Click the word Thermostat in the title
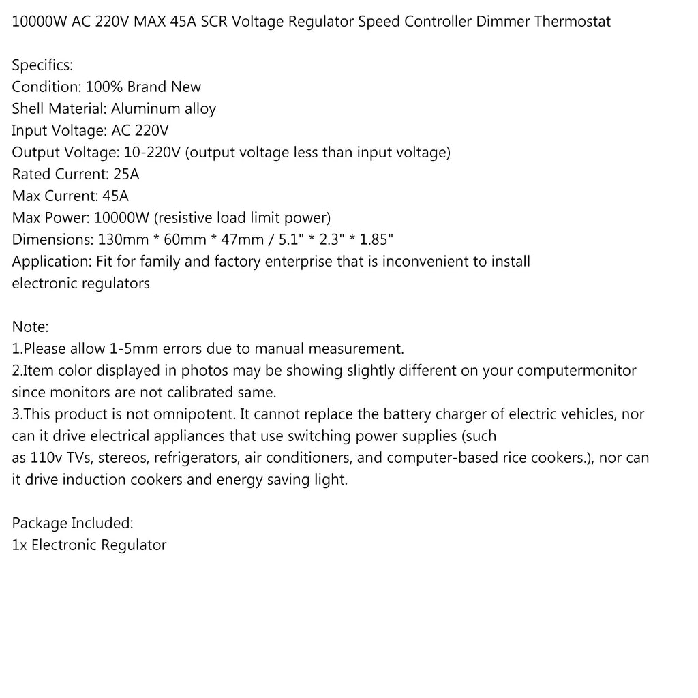tap(573, 21)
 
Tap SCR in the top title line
tap(213, 21)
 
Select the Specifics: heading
tap(42, 65)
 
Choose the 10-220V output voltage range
tap(150, 152)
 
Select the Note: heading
tap(31, 327)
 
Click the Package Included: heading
tap(72, 523)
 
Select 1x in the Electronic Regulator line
tap(20, 545)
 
